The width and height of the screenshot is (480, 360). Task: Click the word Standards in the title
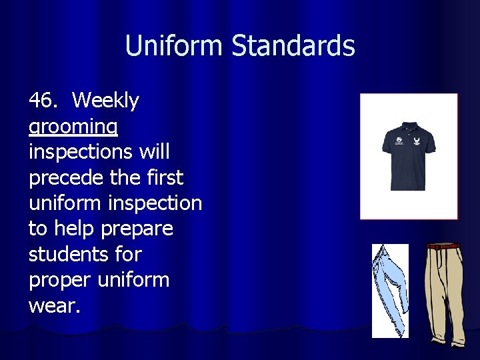293,46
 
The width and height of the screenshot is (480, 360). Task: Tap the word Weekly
105,101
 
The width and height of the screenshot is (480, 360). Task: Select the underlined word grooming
73,127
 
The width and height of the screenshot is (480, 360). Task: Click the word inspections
80,152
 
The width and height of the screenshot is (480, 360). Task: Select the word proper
60,280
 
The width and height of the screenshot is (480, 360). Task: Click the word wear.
53,305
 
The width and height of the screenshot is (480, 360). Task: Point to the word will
154,152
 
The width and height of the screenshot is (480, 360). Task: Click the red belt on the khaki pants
444,246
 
